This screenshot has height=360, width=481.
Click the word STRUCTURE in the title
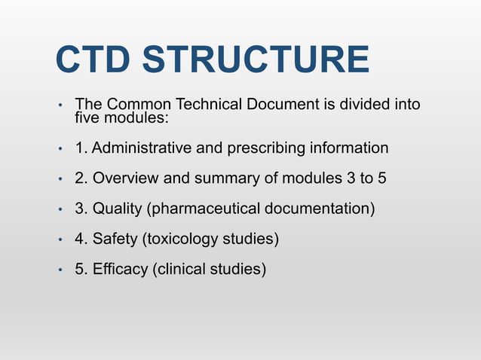point(262,61)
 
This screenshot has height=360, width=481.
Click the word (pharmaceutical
point(202,209)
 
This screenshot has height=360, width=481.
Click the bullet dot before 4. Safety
point(60,240)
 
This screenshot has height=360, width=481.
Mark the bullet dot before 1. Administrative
point(60,149)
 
